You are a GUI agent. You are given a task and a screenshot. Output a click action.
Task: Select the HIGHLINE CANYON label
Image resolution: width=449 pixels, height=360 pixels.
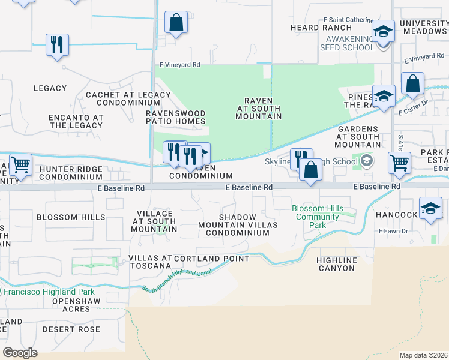pyautogui.click(x=337, y=264)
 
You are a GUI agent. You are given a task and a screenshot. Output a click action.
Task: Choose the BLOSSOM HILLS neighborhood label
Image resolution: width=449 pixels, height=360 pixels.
pyautogui.click(x=71, y=217)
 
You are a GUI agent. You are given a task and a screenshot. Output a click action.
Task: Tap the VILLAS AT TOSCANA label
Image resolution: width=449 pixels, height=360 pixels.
pyautogui.click(x=150, y=262)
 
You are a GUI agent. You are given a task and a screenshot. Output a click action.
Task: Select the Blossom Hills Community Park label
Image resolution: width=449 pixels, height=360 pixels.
pyautogui.click(x=318, y=217)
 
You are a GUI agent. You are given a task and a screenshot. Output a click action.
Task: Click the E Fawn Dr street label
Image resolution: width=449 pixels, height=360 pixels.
pyautogui.click(x=393, y=231)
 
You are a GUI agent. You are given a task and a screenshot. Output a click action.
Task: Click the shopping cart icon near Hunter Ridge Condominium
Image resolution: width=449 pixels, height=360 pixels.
pyautogui.click(x=21, y=164)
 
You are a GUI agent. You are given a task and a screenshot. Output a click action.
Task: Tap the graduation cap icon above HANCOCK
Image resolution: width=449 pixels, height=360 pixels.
pyautogui.click(x=430, y=208)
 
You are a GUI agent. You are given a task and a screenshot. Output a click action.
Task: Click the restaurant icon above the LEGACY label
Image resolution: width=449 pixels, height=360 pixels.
pyautogui.click(x=57, y=44)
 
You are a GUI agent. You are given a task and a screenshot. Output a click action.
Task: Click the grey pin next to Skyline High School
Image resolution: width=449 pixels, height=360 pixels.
pyautogui.click(x=366, y=161)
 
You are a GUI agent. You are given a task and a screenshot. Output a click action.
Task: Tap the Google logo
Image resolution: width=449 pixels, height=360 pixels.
pyautogui.click(x=20, y=352)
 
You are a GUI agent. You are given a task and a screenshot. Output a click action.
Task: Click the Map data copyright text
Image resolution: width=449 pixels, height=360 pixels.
pyautogui.click(x=423, y=355)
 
